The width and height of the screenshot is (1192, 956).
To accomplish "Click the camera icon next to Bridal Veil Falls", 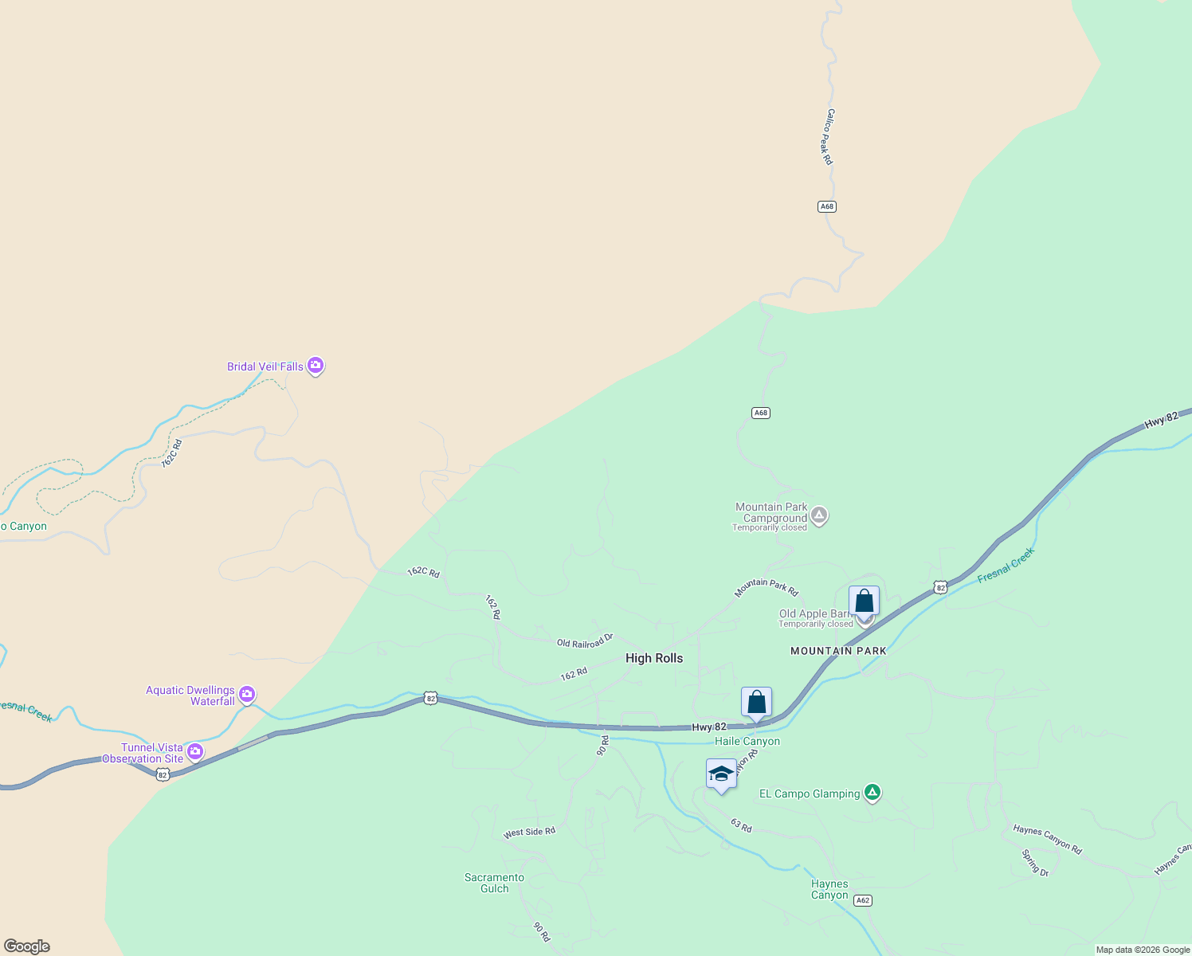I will click(316, 366).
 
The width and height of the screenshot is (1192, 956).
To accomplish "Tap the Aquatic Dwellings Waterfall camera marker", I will click(247, 695).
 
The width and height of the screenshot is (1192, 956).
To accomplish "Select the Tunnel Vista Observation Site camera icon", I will click(194, 751).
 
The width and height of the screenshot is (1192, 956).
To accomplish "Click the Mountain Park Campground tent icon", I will click(819, 515).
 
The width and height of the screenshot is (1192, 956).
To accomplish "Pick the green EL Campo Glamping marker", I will click(872, 792).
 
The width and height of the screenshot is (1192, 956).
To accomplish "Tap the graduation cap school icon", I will click(721, 774).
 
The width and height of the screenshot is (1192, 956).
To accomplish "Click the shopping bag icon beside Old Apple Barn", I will click(864, 601).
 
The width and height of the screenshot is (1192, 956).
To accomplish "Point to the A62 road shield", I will click(862, 900).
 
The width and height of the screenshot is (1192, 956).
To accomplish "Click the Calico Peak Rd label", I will click(829, 137).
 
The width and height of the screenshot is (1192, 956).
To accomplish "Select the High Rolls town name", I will click(654, 658).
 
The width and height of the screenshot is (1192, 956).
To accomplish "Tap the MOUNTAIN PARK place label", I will click(838, 651).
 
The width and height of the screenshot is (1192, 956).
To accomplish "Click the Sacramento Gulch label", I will click(494, 883).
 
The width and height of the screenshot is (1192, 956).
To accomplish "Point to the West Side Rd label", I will click(529, 833).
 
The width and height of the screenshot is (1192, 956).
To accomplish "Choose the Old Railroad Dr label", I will click(585, 641).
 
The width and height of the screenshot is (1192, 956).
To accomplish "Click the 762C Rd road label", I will click(172, 453).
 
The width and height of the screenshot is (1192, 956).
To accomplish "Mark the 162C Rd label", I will click(423, 572).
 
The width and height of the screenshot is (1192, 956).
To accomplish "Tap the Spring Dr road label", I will click(1035, 863).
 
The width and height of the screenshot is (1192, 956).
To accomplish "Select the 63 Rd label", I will click(741, 825).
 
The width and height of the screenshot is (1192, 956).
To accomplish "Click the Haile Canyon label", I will click(747, 741).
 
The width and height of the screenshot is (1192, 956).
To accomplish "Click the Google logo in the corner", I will click(26, 946).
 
